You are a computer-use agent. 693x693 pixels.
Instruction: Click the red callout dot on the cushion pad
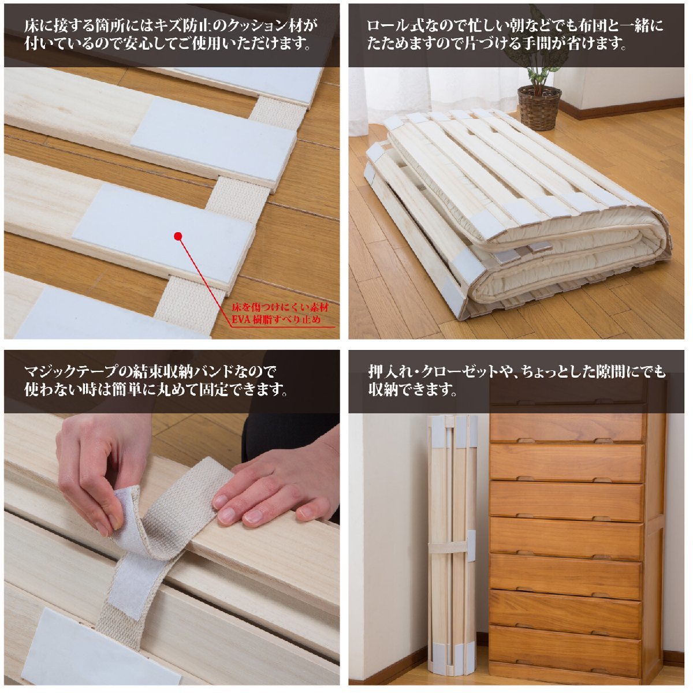tap(178, 236)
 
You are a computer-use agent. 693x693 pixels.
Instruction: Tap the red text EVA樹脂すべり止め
tap(276, 319)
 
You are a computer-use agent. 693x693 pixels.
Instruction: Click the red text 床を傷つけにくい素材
tap(280, 308)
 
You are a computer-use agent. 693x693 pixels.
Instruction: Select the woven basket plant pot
tap(539, 108)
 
